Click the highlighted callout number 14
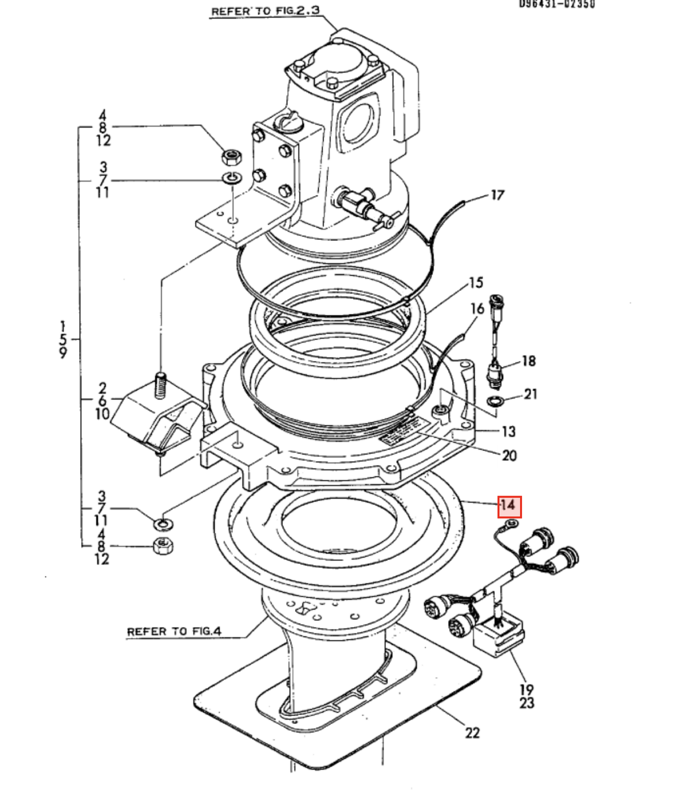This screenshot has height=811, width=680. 509,505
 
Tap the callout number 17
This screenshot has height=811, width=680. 497,195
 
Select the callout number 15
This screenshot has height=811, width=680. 476,283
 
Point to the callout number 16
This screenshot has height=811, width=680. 477,309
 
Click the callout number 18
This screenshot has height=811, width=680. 528,361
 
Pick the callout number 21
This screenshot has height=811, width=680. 530,394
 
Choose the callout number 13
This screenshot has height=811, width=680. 508,431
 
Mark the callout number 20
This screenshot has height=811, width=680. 509,455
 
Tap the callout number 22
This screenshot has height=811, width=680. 472,733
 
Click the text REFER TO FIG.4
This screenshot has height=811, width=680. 174,632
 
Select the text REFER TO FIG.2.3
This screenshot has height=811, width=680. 265,11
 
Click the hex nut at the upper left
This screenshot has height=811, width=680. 232,157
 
